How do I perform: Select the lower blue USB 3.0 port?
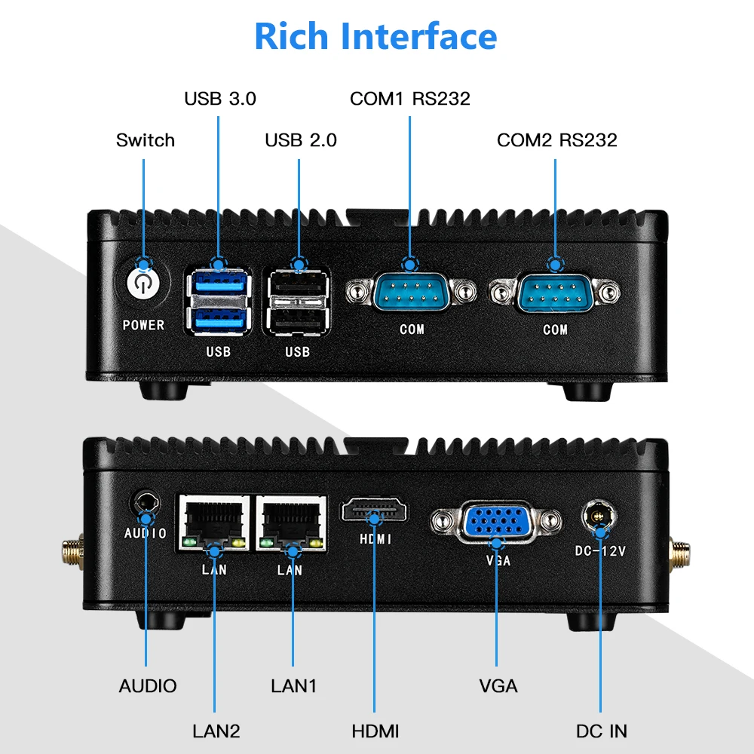(x=219, y=320)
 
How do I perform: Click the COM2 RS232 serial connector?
(x=556, y=293)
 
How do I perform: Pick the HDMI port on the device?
(x=375, y=512)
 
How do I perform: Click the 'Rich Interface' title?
(x=375, y=36)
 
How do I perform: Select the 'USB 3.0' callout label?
(x=220, y=98)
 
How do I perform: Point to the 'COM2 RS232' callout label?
(x=556, y=139)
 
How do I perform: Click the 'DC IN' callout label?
(x=601, y=730)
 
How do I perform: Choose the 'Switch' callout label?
(x=145, y=139)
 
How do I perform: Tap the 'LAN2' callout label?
(x=216, y=730)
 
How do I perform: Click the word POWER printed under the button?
(x=143, y=325)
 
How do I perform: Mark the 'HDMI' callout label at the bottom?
(x=375, y=730)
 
